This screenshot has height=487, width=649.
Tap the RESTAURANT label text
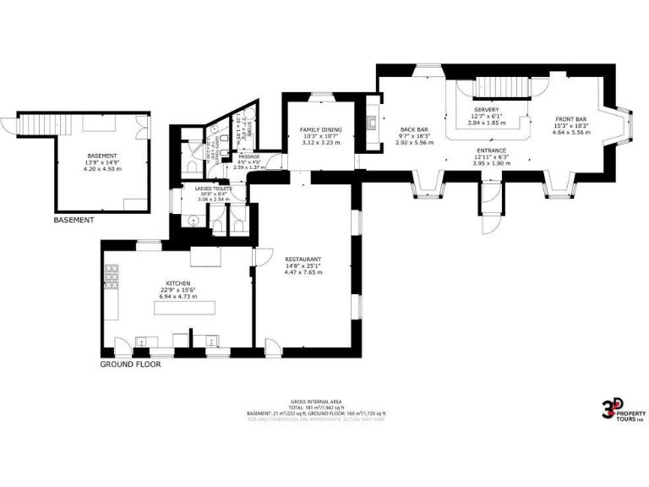coord(303,259)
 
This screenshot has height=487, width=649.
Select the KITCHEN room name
coord(177,283)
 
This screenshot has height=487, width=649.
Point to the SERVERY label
coord(486,110)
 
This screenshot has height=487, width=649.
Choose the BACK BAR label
coord(413,130)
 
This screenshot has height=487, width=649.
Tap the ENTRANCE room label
coord(490,150)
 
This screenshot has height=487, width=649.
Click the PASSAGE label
coord(248,156)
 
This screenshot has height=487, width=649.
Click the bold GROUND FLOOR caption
coord(130,364)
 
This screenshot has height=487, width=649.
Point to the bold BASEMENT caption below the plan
coord(74,220)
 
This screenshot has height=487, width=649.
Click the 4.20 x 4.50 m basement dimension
coord(102,170)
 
